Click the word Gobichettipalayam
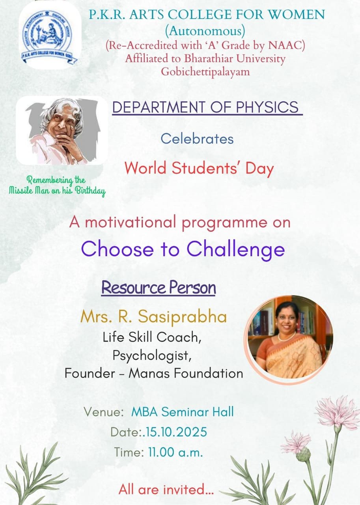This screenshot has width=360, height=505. [205, 72]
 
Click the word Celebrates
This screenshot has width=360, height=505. [197, 138]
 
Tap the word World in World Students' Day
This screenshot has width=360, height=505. [145, 168]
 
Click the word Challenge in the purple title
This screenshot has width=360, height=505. [236, 250]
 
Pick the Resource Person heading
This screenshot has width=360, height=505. [159, 288]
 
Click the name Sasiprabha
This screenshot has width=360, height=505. [182, 317]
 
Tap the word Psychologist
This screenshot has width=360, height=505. [152, 355]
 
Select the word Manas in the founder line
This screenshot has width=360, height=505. [149, 373]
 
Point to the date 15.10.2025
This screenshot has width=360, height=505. [176, 432]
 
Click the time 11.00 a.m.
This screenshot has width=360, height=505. [175, 452]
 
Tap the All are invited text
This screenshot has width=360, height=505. [166, 489]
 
